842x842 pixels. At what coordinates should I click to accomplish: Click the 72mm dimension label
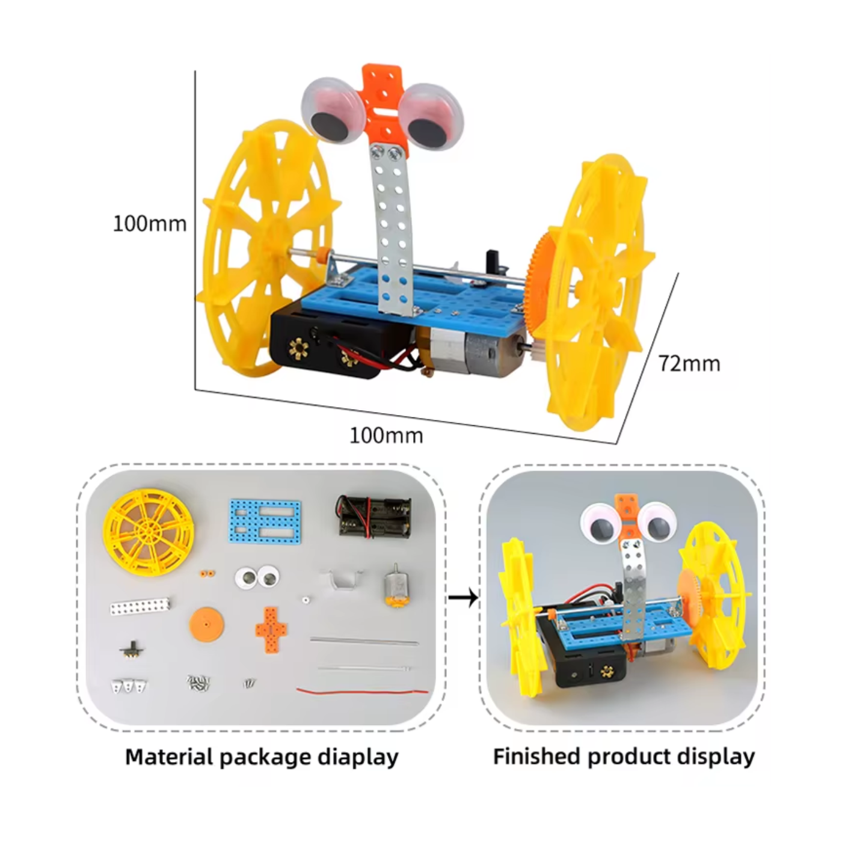[689, 363]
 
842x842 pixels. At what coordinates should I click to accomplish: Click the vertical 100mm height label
[150, 224]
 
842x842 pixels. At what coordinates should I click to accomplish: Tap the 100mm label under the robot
[386, 435]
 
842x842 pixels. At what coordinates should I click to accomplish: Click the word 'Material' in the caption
[168, 756]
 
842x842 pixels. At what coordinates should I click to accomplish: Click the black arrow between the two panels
[464, 598]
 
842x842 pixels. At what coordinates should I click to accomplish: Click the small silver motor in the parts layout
[395, 586]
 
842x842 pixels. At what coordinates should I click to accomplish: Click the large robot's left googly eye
[333, 112]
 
